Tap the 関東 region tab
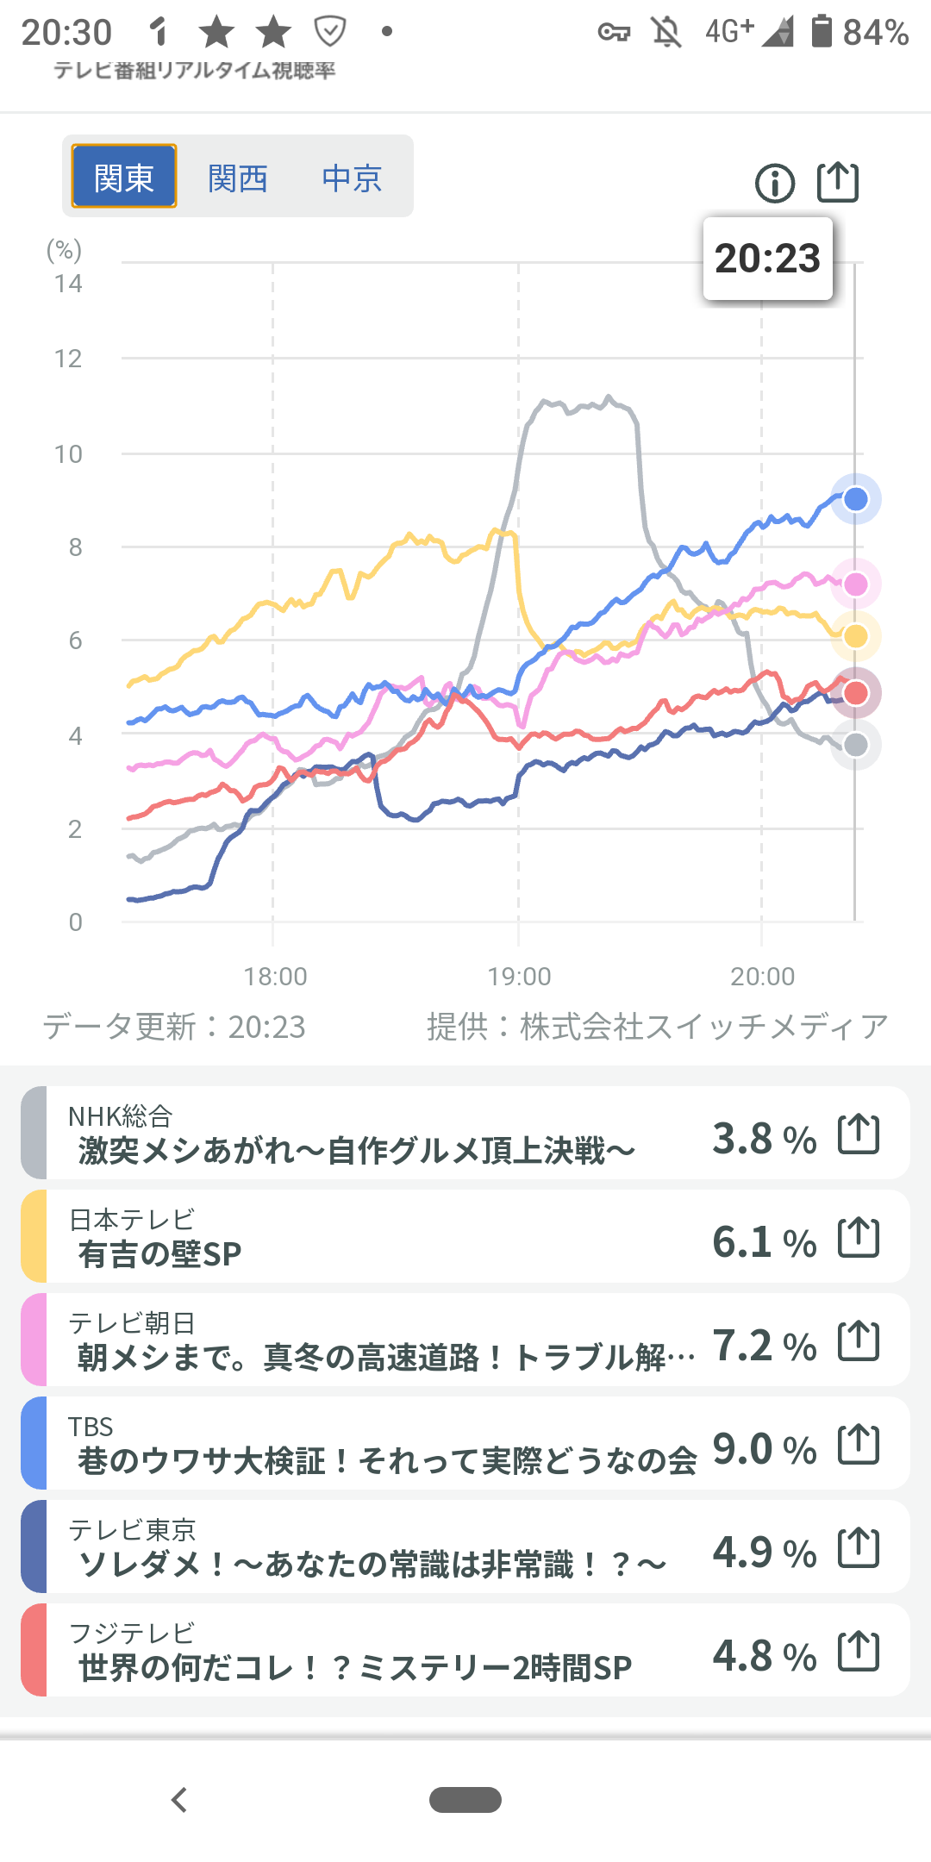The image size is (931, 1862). [x=124, y=177]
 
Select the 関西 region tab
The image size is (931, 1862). [x=238, y=178]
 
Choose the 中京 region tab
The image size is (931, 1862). [x=352, y=178]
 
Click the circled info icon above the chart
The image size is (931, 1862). [x=774, y=183]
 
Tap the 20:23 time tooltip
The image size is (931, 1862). [x=767, y=259]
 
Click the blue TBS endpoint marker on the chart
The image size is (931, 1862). [x=855, y=499]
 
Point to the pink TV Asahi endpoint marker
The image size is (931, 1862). [x=855, y=584]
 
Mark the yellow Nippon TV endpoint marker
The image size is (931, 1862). [x=855, y=636]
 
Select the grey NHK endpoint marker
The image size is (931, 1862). [x=855, y=745]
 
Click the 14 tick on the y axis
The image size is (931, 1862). [x=68, y=284]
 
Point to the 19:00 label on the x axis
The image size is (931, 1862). [x=519, y=977]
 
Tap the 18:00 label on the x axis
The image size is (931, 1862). [x=275, y=977]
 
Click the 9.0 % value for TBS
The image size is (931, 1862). [x=764, y=1449]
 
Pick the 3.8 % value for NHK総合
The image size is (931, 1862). [x=764, y=1139]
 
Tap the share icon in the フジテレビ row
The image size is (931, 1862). [x=859, y=1651]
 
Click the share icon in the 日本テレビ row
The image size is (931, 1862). [x=859, y=1237]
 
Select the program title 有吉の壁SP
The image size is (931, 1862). [x=159, y=1254]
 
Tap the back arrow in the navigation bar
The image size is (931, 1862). [x=179, y=1800]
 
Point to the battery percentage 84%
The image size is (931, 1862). [x=875, y=33]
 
